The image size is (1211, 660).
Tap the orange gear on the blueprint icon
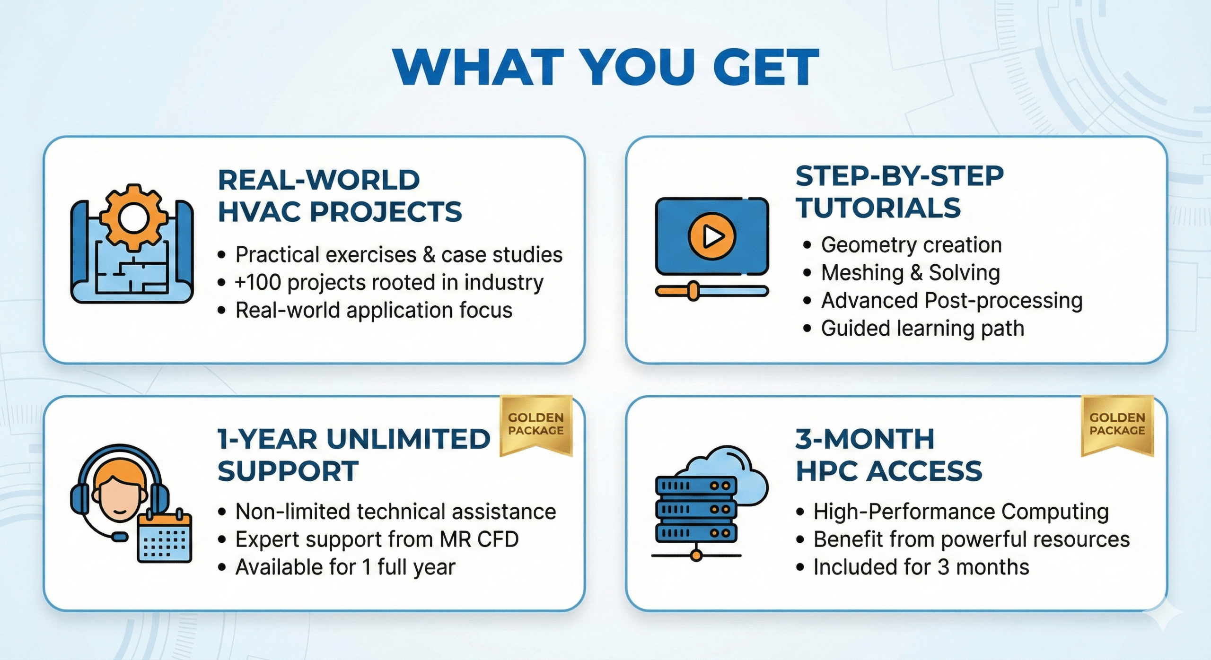134,217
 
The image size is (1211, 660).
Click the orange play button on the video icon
712,235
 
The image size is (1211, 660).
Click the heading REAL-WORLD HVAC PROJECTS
340,196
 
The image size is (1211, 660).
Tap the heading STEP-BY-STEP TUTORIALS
899,191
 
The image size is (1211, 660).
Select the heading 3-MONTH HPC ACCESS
889,455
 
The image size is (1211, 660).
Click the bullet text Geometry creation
911,245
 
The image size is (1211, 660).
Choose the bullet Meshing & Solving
911,273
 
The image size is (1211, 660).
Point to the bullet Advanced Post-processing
952,301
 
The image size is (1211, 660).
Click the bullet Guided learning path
922,329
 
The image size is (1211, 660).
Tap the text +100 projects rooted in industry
389,283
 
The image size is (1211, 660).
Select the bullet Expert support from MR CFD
377,539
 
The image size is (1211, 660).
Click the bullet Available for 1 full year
345,567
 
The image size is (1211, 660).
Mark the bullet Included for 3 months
921,567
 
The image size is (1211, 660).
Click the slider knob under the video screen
693,291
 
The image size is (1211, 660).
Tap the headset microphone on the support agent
119,537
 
